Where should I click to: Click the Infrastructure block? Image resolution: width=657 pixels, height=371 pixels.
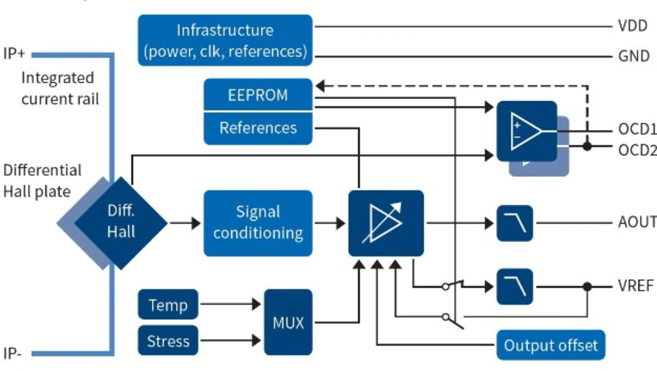tap(225, 40)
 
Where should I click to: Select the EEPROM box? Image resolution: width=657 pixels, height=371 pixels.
tap(258, 95)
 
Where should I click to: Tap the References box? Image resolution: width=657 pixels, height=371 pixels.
tap(258, 128)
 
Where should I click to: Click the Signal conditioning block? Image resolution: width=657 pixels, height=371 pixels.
tap(258, 223)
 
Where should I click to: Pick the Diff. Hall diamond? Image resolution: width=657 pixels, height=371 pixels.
tap(121, 223)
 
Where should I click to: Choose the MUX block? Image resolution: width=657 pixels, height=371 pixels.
tap(288, 322)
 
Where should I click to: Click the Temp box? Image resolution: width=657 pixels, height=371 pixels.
tap(168, 304)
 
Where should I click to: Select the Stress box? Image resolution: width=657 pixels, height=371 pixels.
tap(168, 340)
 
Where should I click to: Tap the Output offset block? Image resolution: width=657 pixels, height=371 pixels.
tap(551, 344)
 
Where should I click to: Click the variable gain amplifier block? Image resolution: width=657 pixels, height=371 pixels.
tap(386, 223)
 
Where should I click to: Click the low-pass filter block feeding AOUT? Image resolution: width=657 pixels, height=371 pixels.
tap(515, 223)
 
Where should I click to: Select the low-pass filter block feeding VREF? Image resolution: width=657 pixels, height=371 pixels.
tap(515, 287)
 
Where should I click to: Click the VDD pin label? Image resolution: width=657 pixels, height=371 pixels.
tap(632, 26)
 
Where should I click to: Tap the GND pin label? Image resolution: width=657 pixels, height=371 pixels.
tap(634, 55)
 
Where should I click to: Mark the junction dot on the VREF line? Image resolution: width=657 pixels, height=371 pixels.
tap(587, 287)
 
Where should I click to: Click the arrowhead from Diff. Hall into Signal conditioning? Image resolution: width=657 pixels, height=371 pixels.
tap(196, 223)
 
